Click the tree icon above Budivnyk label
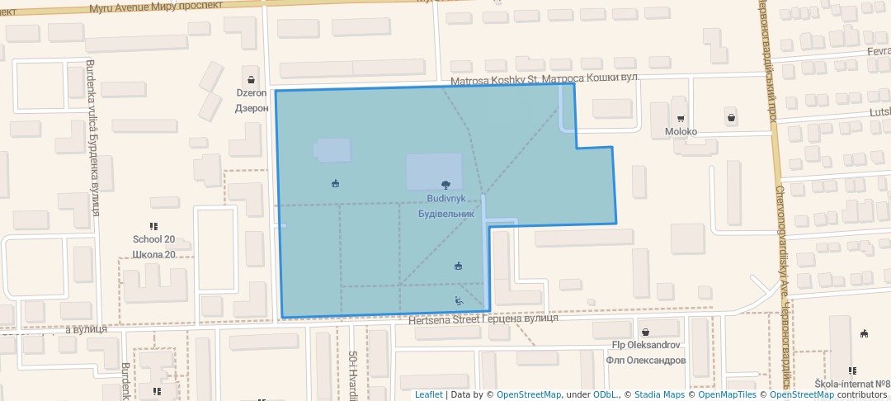click(x=446, y=185)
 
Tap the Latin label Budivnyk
click(x=445, y=200)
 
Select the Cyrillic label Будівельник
click(x=445, y=214)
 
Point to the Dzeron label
click(x=252, y=93)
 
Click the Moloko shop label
click(x=681, y=132)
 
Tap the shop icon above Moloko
click(x=681, y=118)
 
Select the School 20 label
click(x=153, y=240)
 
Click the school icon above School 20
click(x=153, y=226)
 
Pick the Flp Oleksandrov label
click(x=645, y=345)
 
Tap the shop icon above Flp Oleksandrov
click(x=645, y=331)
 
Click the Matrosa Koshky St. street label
click(x=494, y=80)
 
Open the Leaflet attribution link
click(x=428, y=394)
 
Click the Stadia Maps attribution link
click(x=658, y=394)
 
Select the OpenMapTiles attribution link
click(x=727, y=394)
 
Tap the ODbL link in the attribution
click(x=605, y=394)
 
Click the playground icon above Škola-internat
click(x=864, y=334)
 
